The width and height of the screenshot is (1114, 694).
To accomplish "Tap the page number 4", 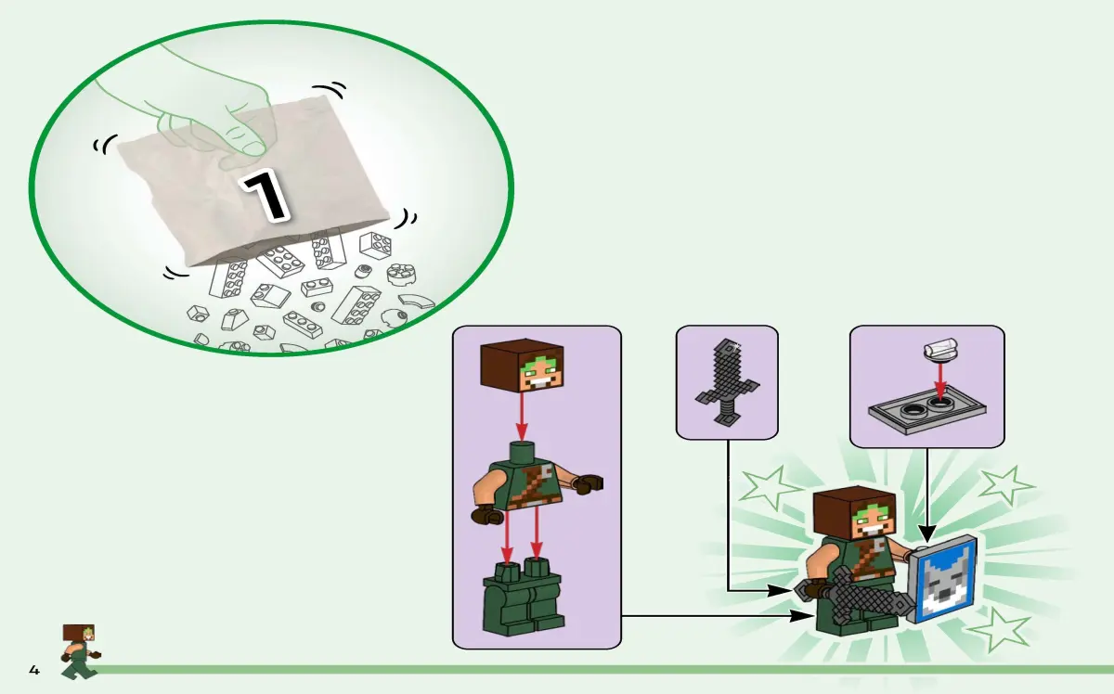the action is [x=33, y=670].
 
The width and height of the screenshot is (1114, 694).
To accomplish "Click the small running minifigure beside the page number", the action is [x=80, y=651].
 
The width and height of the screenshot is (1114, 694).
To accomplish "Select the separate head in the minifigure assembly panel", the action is [x=520, y=365].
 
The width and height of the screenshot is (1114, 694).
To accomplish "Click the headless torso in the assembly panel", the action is [x=537, y=483].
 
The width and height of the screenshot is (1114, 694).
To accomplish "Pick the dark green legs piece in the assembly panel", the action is [x=524, y=597].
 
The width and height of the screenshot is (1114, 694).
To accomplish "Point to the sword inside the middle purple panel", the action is [x=727, y=382].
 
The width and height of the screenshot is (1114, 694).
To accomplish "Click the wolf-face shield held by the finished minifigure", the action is [x=941, y=578].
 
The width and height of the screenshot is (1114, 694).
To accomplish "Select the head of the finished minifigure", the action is [x=854, y=514].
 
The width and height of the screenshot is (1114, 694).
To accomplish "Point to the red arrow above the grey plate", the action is [x=939, y=382].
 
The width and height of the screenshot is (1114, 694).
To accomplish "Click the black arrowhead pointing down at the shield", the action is [x=927, y=533].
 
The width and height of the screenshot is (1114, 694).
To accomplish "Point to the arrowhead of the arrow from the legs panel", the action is [x=802, y=616].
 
